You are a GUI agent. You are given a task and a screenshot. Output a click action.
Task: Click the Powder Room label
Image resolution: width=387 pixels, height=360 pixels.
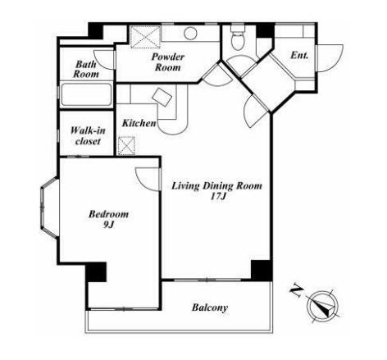tap(168, 62)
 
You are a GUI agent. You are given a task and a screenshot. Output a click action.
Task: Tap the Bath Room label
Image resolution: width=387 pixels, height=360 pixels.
tap(86, 69)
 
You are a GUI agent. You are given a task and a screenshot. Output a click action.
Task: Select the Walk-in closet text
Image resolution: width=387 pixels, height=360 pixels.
tap(88, 135)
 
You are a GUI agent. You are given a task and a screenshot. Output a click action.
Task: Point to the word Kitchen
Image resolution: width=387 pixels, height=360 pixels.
tap(139, 123)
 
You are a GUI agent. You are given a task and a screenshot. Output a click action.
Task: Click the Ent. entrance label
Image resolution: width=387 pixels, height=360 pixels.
tap(299, 56)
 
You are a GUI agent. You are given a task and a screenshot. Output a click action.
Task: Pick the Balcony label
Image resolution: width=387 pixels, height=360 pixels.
tap(210, 308)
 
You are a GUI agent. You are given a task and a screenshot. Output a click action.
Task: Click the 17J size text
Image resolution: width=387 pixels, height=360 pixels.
tap(218, 197)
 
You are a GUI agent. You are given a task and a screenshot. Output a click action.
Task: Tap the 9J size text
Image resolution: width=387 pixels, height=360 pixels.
tap(108, 224)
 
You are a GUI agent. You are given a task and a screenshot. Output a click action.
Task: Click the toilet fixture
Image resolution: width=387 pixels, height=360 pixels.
tap(238, 38)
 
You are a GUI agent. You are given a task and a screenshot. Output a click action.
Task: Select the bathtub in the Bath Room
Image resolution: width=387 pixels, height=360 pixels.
tap(86, 94)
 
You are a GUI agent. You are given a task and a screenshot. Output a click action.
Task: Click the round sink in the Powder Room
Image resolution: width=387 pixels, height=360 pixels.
tap(190, 34)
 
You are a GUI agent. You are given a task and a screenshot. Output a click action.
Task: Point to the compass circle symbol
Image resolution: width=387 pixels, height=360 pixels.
tap(323, 305)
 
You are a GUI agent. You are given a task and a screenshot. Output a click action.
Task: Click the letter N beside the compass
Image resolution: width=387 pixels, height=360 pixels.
tap(296, 291)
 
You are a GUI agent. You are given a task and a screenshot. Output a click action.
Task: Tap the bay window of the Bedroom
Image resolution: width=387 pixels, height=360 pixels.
tap(49, 207)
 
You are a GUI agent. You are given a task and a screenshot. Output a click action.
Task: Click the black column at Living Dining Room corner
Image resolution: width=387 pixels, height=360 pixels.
tap(262, 271)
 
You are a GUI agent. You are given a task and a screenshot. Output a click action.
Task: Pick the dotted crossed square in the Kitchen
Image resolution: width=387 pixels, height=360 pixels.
tap(126, 146)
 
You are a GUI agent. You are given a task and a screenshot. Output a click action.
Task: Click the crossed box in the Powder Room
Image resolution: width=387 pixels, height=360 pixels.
tap(145, 37)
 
